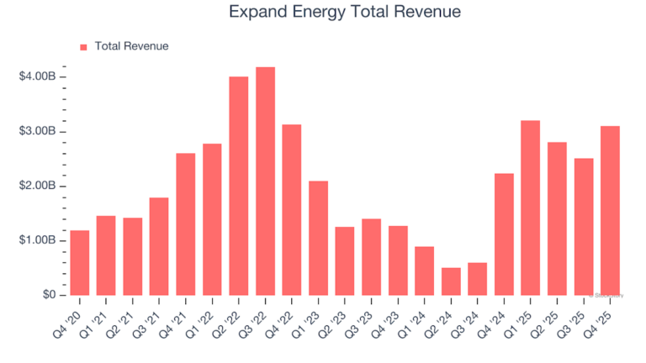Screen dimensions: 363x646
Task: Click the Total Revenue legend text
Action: pos(131,46)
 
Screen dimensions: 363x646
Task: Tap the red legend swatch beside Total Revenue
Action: pos(83,47)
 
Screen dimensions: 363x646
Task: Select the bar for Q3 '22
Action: pos(265,181)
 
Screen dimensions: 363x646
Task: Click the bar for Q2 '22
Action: pos(239,186)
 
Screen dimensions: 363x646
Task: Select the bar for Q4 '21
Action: pos(186,224)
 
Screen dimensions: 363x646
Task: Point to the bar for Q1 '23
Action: pos(318,238)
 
